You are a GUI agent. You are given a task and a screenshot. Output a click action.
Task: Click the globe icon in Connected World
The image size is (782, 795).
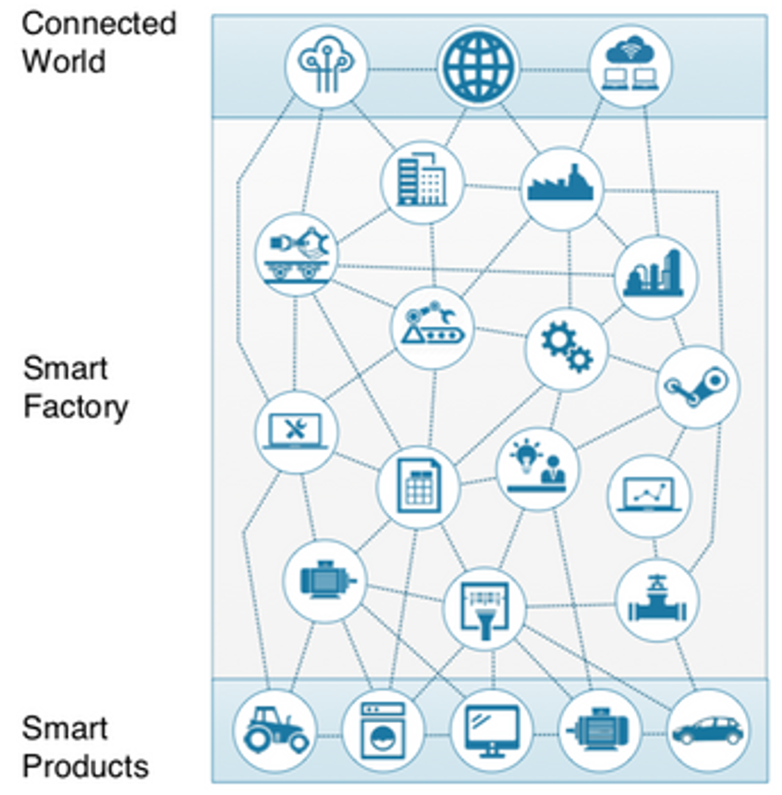point(478,67)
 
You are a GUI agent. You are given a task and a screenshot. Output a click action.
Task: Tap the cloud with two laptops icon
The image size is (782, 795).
point(630,66)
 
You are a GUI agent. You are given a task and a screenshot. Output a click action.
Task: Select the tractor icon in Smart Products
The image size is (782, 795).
point(275,731)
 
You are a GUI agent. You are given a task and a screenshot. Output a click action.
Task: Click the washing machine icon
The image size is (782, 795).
point(383,731)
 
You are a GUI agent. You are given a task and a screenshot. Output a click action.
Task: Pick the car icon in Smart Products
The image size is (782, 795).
point(707,730)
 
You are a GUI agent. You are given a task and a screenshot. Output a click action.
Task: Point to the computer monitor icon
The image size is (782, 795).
point(491,730)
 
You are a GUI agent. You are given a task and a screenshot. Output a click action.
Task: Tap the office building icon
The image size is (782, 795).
point(422,182)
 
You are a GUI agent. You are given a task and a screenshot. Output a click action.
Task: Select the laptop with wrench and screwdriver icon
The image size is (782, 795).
point(297,431)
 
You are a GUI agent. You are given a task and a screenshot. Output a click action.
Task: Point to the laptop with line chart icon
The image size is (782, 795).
point(648,495)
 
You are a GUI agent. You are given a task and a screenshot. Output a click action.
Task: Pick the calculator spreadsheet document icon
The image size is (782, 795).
point(419,486)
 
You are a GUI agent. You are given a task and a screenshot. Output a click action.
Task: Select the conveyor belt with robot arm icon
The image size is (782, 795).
point(433,327)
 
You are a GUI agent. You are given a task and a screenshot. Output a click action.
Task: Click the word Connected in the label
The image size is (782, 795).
point(99,23)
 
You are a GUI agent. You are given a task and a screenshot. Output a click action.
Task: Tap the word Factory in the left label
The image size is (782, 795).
point(76,407)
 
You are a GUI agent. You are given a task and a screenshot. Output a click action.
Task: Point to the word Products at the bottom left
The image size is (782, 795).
point(85,766)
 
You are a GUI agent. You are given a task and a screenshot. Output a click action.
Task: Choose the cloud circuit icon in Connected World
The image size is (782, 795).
point(326,67)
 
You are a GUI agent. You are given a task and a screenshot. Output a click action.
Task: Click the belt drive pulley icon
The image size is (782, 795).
point(698,385)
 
